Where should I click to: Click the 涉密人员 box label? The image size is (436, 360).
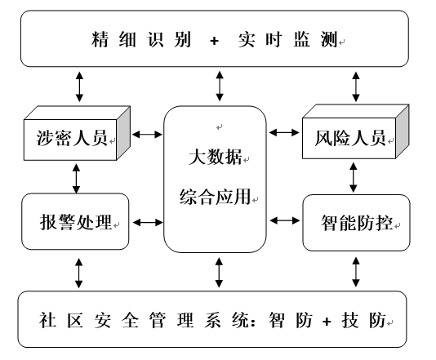tap(72, 138)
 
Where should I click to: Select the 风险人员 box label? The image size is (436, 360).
tap(350, 138)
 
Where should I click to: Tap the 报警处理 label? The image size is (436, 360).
tap(76, 222)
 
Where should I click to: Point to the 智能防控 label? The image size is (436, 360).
tap(357, 223)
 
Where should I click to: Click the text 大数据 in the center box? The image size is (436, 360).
tap(215, 157)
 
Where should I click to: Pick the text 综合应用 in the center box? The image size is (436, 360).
tap(216, 197)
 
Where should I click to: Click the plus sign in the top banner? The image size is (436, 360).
tap(214, 41)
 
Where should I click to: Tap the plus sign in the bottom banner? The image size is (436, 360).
tap(327, 322)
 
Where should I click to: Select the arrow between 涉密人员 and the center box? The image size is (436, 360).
tap(147, 135)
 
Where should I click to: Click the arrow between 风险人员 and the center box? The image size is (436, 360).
tap(284, 132)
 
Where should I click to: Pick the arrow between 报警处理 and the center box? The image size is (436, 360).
tap(148, 222)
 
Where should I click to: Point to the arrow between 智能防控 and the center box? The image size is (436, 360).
tap(285, 220)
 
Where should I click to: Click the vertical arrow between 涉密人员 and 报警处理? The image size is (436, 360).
tap(76, 179)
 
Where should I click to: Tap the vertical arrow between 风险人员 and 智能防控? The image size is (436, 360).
tap(354, 177)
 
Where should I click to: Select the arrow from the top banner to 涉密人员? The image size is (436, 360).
tap(79, 87)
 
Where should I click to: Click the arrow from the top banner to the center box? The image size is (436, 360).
tap(220, 86)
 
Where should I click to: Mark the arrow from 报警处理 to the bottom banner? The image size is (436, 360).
tap(79, 273)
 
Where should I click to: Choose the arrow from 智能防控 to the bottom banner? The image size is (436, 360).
tap(356, 272)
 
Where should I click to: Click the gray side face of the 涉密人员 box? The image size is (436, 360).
tap(123, 133)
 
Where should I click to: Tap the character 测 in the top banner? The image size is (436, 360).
tap(329, 39)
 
